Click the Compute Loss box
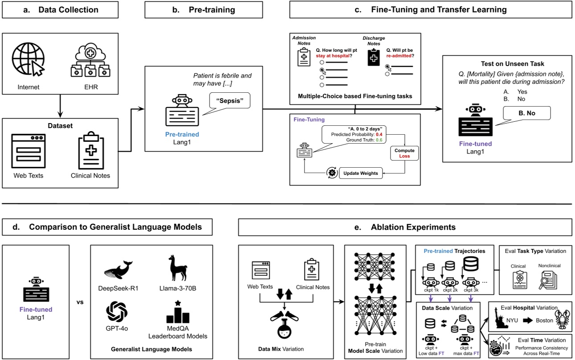point(404,153)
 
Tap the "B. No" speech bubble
point(527,113)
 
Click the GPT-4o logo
point(117,311)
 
